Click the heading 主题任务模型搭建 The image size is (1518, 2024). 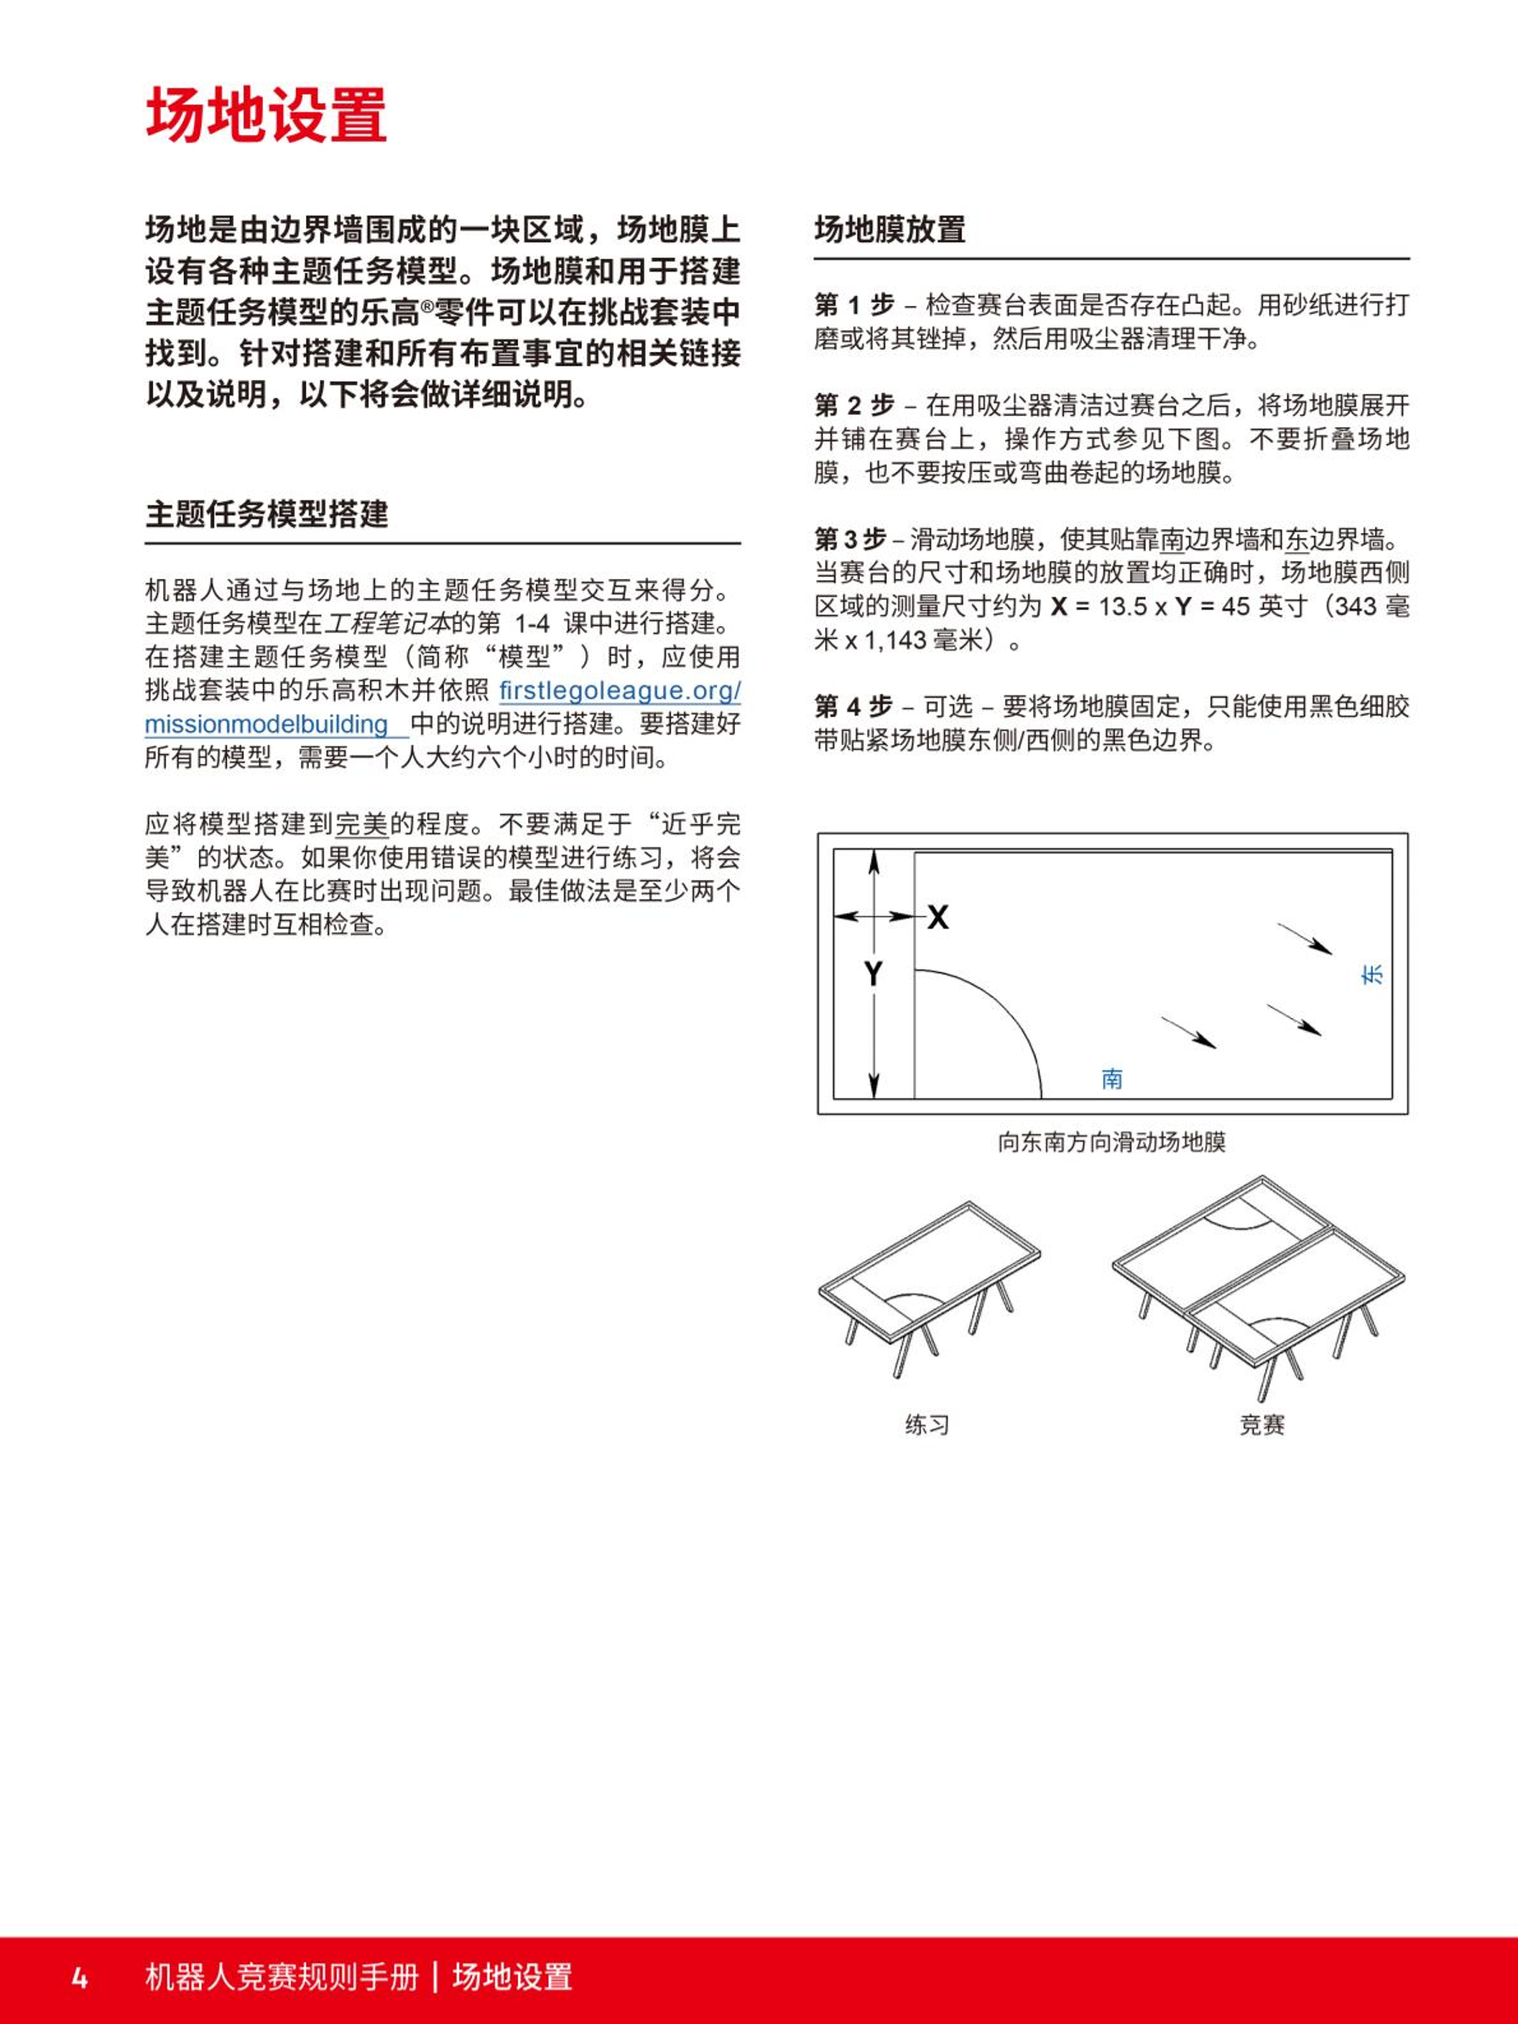click(x=266, y=515)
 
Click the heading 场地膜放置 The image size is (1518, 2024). click(x=890, y=229)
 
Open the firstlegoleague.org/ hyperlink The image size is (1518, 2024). click(x=619, y=690)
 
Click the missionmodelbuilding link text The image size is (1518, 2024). click(x=266, y=725)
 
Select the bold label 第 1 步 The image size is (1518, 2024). click(x=854, y=304)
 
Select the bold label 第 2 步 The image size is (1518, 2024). click(x=854, y=406)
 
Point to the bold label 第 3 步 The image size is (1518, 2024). click(x=850, y=539)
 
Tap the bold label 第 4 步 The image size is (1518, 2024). click(x=853, y=707)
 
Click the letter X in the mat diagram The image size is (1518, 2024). click(x=938, y=917)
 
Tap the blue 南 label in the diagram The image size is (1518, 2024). click(x=1111, y=1079)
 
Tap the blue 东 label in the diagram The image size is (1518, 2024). click(x=1373, y=975)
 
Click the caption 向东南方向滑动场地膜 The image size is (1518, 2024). click(x=1111, y=1142)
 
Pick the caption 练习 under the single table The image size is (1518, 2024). click(x=927, y=1424)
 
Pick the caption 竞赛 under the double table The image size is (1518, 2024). click(x=1262, y=1424)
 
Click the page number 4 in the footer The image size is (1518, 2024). click(x=80, y=1977)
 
